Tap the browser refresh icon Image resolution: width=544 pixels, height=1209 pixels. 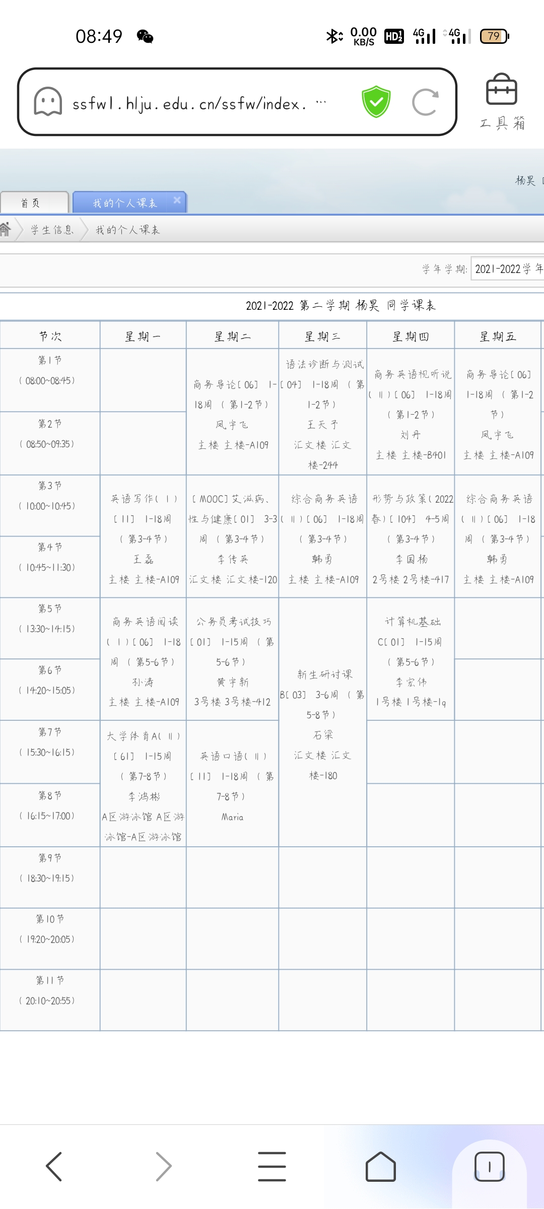tap(425, 102)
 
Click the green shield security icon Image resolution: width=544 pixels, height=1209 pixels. tap(376, 102)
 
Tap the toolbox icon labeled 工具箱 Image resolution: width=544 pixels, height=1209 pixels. tap(502, 101)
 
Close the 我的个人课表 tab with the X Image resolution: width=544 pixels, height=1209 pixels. tap(177, 200)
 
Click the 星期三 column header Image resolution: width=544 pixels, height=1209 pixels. tap(322, 337)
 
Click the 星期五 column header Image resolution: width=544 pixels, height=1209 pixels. tap(498, 337)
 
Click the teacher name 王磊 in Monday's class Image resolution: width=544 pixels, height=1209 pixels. tap(144, 559)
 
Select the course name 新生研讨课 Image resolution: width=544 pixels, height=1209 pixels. tap(325, 675)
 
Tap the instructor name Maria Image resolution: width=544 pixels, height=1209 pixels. tap(232, 817)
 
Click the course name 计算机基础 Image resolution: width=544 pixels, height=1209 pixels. tap(413, 622)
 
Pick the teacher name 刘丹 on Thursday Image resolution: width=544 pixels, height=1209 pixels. tap(411, 435)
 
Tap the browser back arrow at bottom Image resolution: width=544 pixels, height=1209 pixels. tap(54, 1166)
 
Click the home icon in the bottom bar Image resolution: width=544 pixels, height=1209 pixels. tap(380, 1166)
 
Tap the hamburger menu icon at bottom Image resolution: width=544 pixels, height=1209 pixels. tap(272, 1166)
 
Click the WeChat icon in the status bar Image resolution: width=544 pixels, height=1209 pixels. tap(145, 36)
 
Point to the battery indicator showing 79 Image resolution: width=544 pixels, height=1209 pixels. tap(495, 36)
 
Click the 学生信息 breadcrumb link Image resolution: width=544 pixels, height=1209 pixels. tap(52, 230)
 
